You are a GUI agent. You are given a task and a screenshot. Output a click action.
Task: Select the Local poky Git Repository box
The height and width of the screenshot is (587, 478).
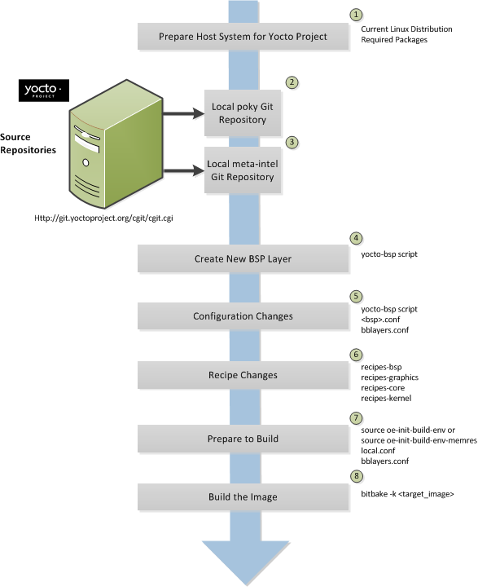click(x=243, y=113)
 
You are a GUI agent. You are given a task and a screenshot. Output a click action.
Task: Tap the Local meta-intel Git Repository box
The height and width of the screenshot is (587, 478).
click(x=243, y=170)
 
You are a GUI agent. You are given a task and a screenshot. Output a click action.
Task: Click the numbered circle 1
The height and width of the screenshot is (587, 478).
click(x=355, y=15)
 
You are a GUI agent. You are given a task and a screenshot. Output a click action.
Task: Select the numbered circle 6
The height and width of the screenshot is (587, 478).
click(x=355, y=355)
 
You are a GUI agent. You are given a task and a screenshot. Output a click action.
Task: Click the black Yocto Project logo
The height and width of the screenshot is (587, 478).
click(x=42, y=88)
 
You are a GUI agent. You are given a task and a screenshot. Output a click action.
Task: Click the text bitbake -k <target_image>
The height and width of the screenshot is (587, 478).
click(x=406, y=494)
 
